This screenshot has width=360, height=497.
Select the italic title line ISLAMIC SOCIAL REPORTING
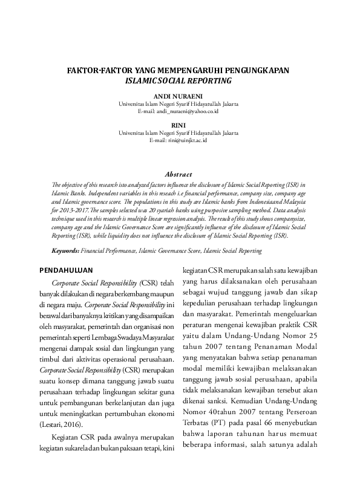[x=179, y=80]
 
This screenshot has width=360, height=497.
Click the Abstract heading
[x=179, y=174]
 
